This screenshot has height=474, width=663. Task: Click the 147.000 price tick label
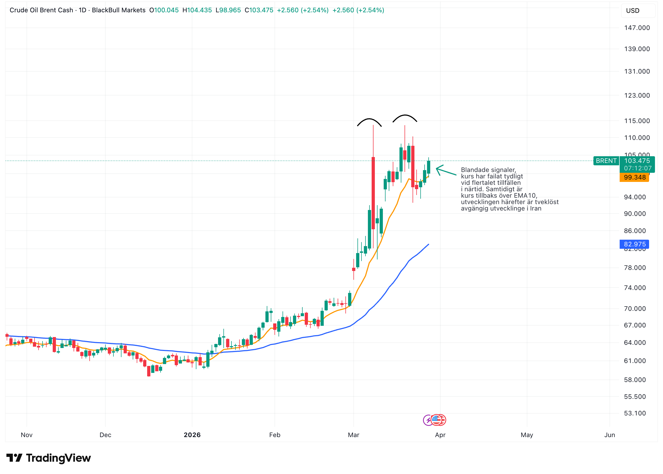click(x=637, y=28)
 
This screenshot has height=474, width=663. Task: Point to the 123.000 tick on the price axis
click(x=637, y=95)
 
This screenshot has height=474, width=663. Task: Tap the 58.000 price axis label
click(x=635, y=380)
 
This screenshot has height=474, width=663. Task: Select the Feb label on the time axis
click(x=275, y=435)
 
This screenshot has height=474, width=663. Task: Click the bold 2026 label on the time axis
click(x=192, y=435)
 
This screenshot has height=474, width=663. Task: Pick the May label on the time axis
click(x=527, y=435)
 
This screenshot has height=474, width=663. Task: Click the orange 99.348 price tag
click(x=634, y=177)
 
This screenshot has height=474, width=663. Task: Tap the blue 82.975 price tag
click(x=634, y=244)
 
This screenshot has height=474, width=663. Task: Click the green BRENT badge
click(x=606, y=161)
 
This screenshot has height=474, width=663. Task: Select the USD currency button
click(x=633, y=10)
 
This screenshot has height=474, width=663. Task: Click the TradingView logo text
click(x=58, y=458)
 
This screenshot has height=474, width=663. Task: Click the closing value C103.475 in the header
click(x=259, y=10)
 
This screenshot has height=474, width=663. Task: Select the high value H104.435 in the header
click(x=197, y=10)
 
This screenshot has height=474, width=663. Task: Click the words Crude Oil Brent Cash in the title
click(x=41, y=10)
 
